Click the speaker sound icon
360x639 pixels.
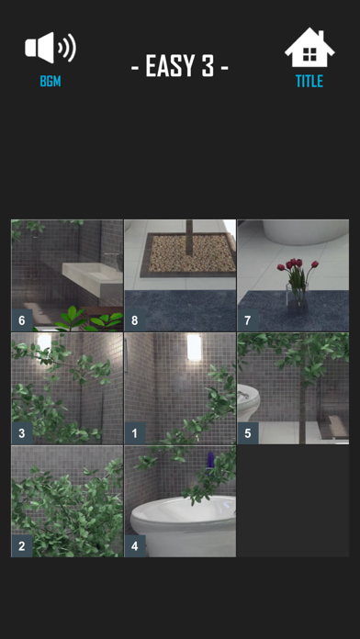click(x=51, y=47)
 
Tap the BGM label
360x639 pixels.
click(x=51, y=82)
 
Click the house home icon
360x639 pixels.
click(x=309, y=47)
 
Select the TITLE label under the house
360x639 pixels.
click(x=309, y=82)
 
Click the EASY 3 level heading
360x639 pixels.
click(x=180, y=66)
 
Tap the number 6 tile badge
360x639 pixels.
click(x=22, y=320)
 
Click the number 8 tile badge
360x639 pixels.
click(x=135, y=320)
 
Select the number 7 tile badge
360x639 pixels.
click(x=248, y=320)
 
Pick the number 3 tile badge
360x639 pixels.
click(x=22, y=433)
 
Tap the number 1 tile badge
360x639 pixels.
click(x=135, y=433)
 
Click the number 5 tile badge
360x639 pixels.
click(x=248, y=433)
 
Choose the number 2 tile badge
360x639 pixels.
click(x=22, y=546)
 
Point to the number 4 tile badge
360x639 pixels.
click(x=135, y=546)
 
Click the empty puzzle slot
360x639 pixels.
click(x=293, y=501)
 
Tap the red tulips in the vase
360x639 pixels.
click(x=298, y=265)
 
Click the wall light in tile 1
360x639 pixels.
click(x=195, y=347)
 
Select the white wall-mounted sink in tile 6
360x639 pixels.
click(x=93, y=278)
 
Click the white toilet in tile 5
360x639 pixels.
click(x=248, y=403)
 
